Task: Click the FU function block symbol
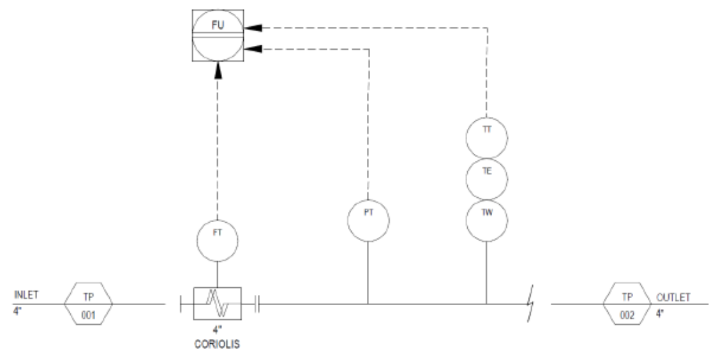[218, 35]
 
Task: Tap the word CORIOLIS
[217, 345]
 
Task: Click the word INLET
[26, 296]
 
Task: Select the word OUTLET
[673, 297]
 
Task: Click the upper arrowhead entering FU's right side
[253, 28]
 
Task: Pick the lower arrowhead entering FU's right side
[253, 49]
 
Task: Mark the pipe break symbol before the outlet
[531, 304]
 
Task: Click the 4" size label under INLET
[17, 311]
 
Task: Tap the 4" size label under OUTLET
[661, 314]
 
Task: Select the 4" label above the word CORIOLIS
[217, 330]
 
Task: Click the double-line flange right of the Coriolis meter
[257, 304]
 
